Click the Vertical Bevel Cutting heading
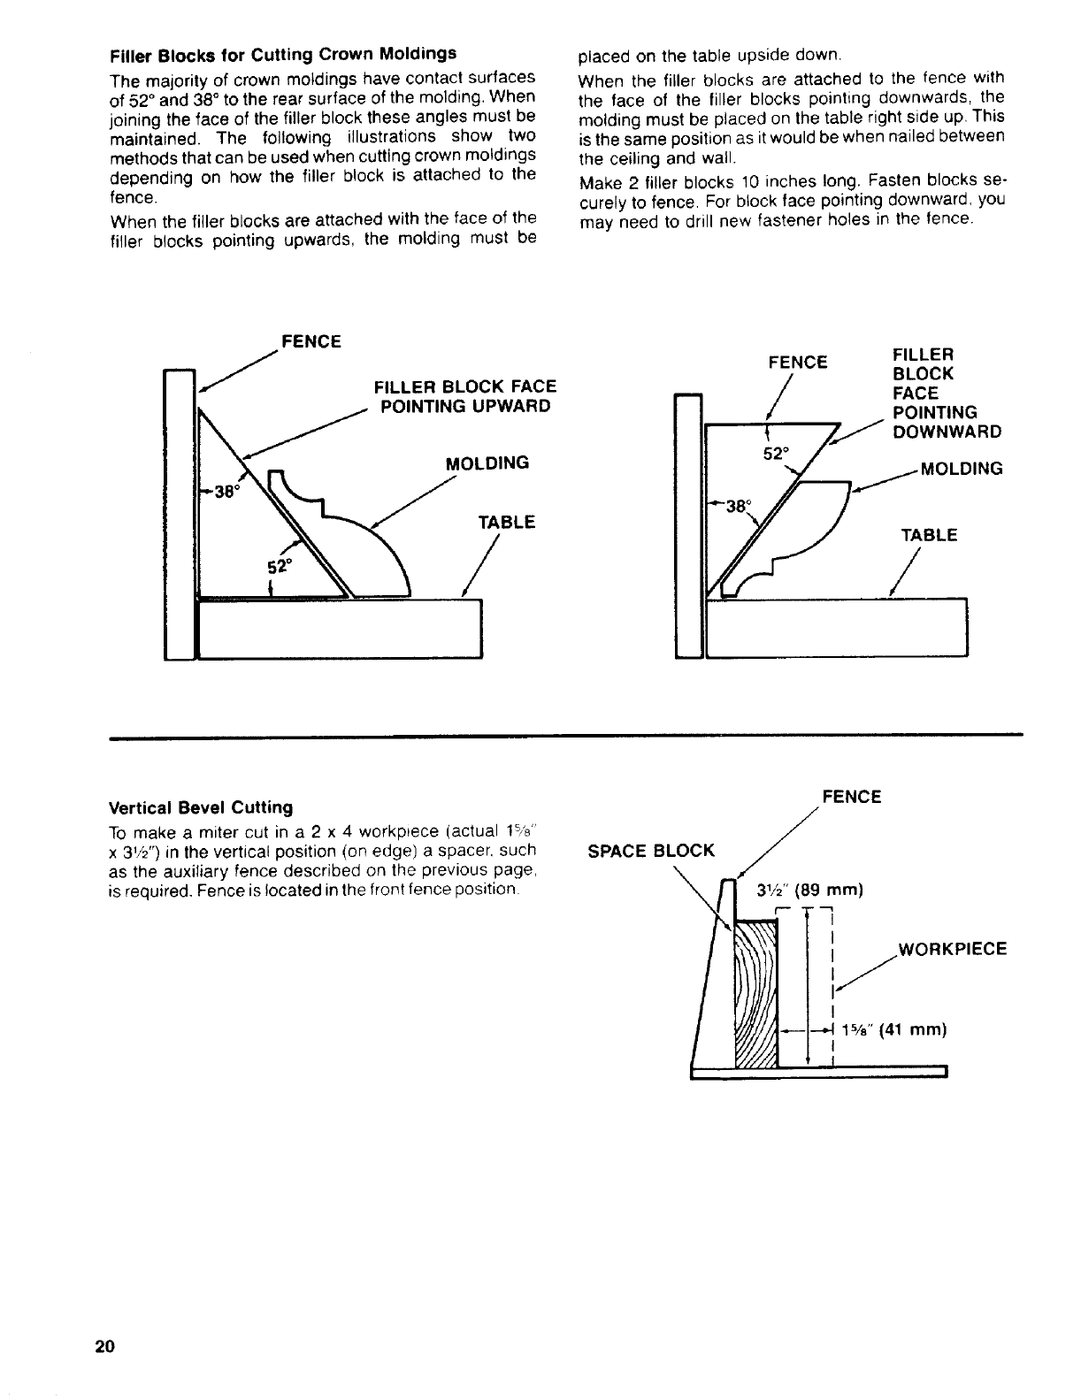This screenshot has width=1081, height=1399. tap(200, 807)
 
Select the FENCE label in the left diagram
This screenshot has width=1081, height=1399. tap(310, 341)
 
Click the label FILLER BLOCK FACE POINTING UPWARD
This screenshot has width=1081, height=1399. tap(465, 396)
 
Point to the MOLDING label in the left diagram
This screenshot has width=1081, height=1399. tap(487, 463)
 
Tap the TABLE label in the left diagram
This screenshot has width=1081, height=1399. tap(506, 523)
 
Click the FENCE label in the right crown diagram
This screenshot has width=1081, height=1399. tap(798, 363)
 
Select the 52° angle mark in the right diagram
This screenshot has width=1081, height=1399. tap(776, 454)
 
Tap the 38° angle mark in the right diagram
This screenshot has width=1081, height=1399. tap(736, 507)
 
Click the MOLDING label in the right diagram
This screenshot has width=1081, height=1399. tap(962, 468)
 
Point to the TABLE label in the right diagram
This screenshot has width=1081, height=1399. tap(928, 535)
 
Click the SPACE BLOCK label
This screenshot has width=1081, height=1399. tap(650, 851)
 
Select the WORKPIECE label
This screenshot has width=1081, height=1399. tap(952, 950)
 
